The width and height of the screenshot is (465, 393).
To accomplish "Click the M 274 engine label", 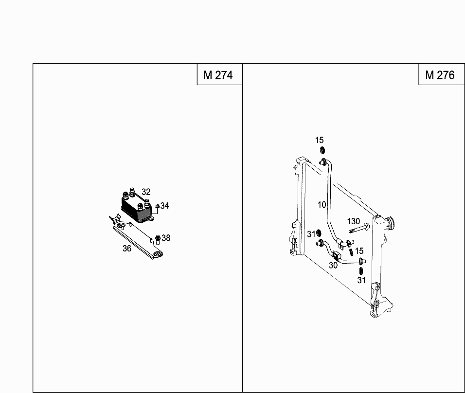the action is click(x=218, y=75).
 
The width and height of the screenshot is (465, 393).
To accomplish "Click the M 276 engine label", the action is click(x=440, y=75).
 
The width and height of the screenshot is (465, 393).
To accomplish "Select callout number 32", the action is click(x=146, y=192).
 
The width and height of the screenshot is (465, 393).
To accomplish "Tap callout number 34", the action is click(x=164, y=206).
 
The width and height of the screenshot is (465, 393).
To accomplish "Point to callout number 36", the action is click(x=127, y=249).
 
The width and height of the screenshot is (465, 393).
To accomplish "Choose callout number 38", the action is click(x=166, y=238).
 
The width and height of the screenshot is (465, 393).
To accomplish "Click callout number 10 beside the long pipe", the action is click(x=322, y=205).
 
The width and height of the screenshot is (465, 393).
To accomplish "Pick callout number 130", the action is click(x=354, y=221).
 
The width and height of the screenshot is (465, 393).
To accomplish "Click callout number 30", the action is click(x=333, y=266).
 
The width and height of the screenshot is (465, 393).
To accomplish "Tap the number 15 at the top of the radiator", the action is click(x=320, y=140).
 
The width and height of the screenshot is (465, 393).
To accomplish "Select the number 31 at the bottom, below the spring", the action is click(x=361, y=280).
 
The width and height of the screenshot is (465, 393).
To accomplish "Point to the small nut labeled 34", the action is click(x=157, y=206).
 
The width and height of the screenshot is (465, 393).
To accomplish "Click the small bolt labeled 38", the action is click(x=158, y=240).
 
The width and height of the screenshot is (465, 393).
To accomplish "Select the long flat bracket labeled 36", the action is click(x=136, y=237).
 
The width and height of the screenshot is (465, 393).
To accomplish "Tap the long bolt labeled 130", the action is click(x=359, y=229).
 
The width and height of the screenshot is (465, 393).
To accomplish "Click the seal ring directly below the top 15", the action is click(x=322, y=150).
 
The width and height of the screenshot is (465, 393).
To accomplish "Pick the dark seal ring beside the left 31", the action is click(x=319, y=233).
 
